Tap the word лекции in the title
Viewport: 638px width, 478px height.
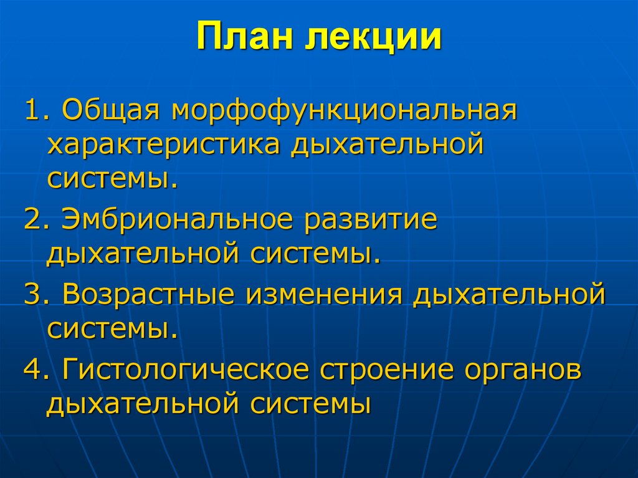point(373,38)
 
